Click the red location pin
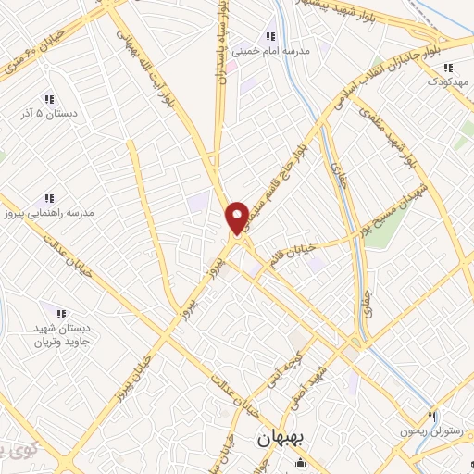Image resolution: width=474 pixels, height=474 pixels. click(237, 218)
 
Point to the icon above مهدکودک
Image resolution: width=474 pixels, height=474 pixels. click(448, 68)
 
